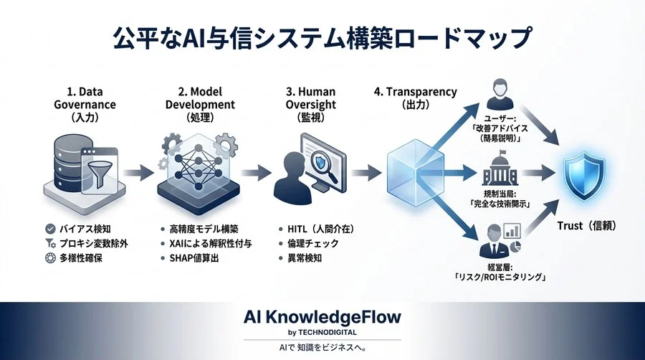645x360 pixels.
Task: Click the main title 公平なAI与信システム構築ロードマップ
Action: (322, 37)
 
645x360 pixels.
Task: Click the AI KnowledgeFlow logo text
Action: (322, 316)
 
